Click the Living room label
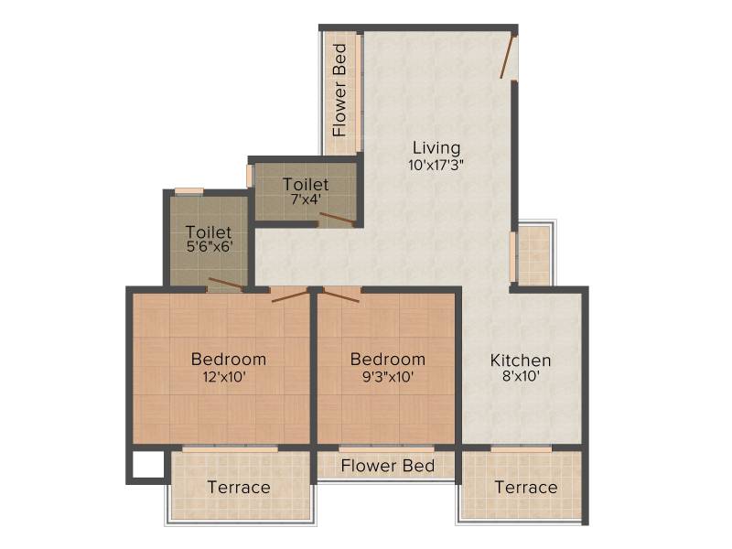[x=436, y=148]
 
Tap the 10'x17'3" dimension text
[x=436, y=166]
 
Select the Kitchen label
[x=521, y=361]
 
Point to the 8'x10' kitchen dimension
[x=521, y=376]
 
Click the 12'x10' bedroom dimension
[x=224, y=377]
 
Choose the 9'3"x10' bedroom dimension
[x=388, y=377]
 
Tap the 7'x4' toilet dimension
[x=306, y=199]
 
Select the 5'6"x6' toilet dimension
[x=210, y=246]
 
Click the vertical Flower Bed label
[x=339, y=90]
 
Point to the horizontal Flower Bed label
[x=387, y=466]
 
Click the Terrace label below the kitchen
[x=526, y=488]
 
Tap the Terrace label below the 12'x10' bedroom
[x=239, y=488]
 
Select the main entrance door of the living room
[x=507, y=57]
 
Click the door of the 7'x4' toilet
[x=336, y=219]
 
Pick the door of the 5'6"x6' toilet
[x=225, y=284]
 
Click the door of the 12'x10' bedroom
[x=289, y=296]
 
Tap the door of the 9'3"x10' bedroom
[x=341, y=296]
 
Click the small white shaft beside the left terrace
[x=148, y=465]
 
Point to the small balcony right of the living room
[x=535, y=254]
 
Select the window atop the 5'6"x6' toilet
[x=189, y=191]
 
